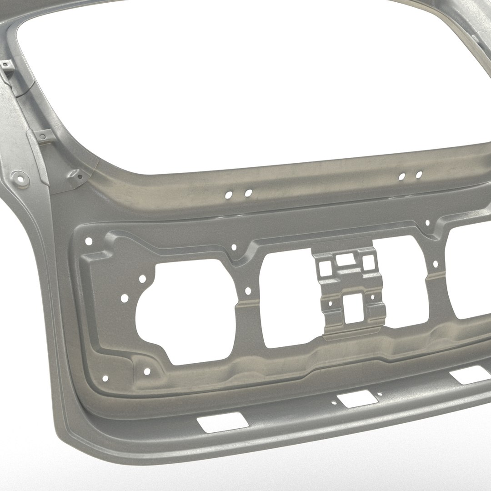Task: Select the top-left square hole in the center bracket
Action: pos(325,268)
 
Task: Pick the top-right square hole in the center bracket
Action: pos(368,262)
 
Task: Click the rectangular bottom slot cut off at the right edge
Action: pos(468,376)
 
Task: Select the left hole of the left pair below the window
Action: pos(229,195)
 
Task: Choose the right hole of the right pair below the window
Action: pos(419,174)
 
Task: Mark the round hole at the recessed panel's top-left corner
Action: pos(89,240)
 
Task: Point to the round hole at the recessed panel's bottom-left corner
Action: pos(105,378)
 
